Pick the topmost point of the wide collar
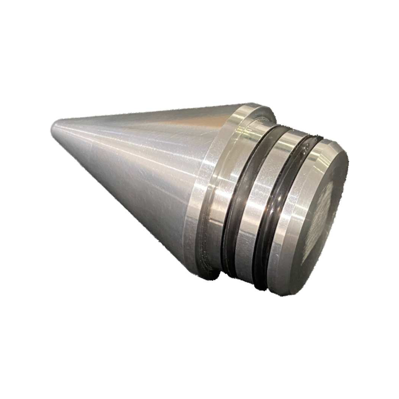coord(255,105)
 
